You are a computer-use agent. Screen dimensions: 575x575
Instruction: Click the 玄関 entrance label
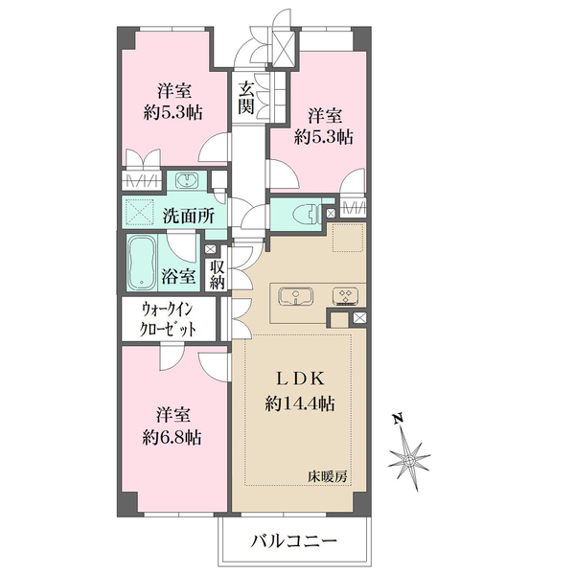[246, 99]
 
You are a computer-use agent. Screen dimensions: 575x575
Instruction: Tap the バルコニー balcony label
[294, 540]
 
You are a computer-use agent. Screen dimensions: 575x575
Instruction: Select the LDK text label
[300, 379]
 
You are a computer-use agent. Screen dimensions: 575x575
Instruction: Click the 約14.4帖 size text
[300, 403]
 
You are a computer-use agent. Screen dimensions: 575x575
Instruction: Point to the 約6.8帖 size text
[172, 437]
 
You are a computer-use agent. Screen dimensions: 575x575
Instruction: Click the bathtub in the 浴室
[142, 263]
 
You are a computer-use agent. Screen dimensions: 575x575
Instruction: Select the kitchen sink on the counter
[295, 296]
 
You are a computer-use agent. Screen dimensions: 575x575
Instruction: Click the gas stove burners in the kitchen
[345, 296]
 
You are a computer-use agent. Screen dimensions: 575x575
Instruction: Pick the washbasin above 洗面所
[187, 180]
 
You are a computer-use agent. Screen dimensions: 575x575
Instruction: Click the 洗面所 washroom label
[189, 217]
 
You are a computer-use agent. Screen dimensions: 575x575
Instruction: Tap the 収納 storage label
[218, 275]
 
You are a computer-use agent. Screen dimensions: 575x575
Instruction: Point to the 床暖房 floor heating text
[328, 477]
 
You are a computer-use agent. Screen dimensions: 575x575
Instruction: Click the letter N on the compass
[398, 419]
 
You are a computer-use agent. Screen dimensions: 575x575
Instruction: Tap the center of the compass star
[409, 459]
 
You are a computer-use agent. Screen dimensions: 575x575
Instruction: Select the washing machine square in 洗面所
[140, 213]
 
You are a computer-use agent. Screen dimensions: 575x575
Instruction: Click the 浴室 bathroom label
[178, 275]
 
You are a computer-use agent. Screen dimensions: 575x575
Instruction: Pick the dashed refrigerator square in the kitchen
[348, 238]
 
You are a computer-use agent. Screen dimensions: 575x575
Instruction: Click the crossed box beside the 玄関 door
[284, 49]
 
